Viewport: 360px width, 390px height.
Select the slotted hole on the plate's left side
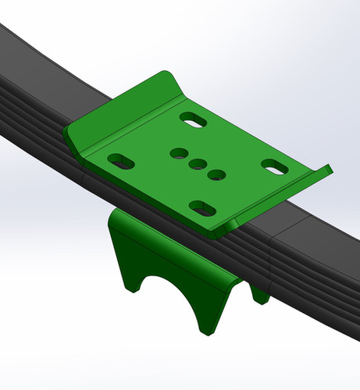120,161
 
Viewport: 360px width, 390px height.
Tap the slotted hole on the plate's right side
273,166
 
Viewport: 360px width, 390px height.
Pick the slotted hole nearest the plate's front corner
202,207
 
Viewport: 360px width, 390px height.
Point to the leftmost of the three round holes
179,154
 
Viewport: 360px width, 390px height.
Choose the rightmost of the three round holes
216,174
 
